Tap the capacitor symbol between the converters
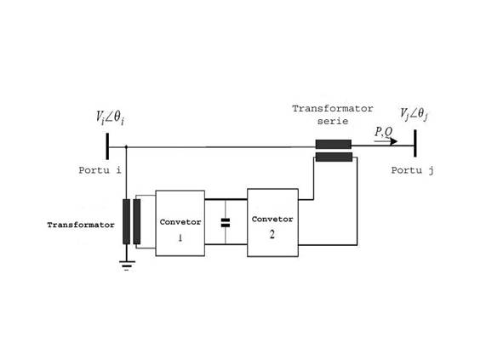coord(226,223)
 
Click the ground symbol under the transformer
coord(127,266)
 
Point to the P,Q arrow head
coord(394,141)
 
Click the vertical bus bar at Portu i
coord(107,146)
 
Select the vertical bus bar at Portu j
coord(415,143)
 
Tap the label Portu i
coord(100,170)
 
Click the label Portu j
coord(412,170)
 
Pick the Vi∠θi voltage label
coord(110,117)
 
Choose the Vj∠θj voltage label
coord(414,114)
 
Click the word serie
coord(333,121)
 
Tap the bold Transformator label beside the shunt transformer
coord(81,225)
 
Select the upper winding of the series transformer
coord(333,144)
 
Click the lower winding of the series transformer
coord(334,157)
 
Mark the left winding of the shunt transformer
coord(126,221)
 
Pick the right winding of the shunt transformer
coord(137,221)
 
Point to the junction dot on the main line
coord(126,146)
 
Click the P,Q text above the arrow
coord(383,132)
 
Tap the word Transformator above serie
coord(333,108)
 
